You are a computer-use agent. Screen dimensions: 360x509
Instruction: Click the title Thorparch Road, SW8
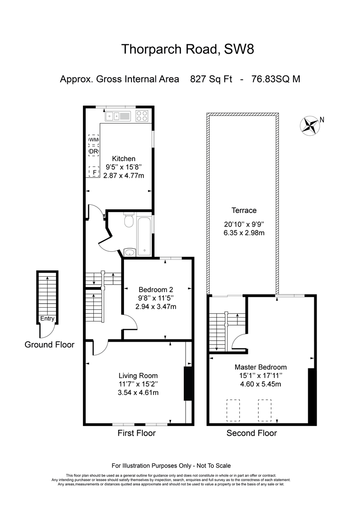point(188,49)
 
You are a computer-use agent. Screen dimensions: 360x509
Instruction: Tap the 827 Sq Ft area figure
point(211,79)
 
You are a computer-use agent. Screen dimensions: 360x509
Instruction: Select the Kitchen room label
point(123,159)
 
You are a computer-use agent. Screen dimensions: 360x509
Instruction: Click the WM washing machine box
point(93,140)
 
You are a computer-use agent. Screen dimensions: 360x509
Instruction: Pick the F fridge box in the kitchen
point(94,172)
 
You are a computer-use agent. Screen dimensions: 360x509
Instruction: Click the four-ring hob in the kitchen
point(142,116)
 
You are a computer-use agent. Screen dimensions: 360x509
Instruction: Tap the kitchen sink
point(117,116)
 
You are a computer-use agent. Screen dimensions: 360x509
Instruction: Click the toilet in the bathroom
point(129,220)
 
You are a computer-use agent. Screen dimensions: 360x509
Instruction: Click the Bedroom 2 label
point(156,289)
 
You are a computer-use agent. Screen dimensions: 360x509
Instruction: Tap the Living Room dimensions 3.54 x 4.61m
point(138,393)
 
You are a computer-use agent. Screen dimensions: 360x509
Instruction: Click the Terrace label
point(244,210)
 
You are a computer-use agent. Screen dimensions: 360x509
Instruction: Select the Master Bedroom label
point(261,367)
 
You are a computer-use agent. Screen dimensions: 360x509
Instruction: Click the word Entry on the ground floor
point(48,319)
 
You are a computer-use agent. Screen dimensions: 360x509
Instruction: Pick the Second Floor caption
point(252,433)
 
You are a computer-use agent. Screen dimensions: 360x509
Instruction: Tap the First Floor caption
point(137,433)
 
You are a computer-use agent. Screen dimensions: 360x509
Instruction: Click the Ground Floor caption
point(49,345)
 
